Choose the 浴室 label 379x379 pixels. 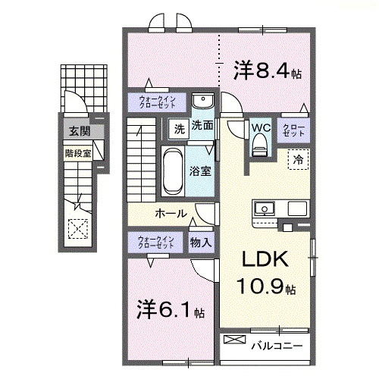[x=200, y=172]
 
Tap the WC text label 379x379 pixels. [x=260, y=127]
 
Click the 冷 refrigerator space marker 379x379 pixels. [x=298, y=159]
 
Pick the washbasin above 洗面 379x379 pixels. [x=201, y=102]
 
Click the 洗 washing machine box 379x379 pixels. [x=179, y=127]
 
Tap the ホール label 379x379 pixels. [x=171, y=213]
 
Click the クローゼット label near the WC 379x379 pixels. [x=294, y=130]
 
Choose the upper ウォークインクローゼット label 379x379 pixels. [x=156, y=101]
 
